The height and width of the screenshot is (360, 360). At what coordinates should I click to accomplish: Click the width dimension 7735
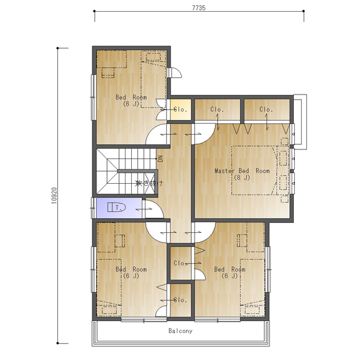pos(199,8)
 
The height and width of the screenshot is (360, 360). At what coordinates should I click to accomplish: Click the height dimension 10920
pos(54,196)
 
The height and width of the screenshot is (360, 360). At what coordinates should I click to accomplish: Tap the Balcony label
pos(181,331)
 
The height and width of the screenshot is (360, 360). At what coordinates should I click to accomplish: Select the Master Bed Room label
pos(242,171)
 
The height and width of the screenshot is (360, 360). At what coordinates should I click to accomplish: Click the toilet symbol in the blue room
pos(116,207)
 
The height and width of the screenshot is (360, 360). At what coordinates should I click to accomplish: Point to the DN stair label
pos(160,158)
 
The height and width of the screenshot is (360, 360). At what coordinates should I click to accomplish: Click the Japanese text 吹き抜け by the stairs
pos(149,183)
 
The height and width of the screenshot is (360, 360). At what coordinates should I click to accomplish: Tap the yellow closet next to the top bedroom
pos(181,109)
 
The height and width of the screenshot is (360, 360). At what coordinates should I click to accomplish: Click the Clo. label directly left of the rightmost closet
pos(217,109)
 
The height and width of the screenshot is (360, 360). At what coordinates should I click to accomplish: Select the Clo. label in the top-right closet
pos(266,109)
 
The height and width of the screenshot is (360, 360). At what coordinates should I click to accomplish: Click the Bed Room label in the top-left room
pos(131,97)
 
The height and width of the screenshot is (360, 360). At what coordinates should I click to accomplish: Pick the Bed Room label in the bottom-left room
pos(131,269)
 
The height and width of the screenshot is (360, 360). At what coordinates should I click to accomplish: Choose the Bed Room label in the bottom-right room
pos(230,269)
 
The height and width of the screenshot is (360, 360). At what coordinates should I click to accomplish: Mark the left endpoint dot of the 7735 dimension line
pos(94,11)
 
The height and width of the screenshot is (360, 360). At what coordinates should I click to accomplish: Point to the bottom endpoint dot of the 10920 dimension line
pos(58,343)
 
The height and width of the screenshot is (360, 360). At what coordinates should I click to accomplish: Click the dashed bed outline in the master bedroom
pos(232,170)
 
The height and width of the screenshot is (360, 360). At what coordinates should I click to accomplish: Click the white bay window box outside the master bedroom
pos(306,122)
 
